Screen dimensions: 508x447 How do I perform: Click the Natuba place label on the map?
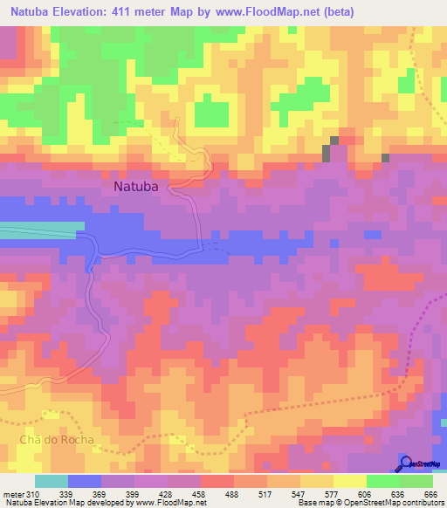138,186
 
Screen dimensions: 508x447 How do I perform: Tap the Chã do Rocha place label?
51,438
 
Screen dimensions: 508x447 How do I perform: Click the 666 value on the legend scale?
429,494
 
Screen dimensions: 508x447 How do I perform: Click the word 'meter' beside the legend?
12,494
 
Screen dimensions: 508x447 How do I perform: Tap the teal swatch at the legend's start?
52,481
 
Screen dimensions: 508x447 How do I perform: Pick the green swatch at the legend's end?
417,481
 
